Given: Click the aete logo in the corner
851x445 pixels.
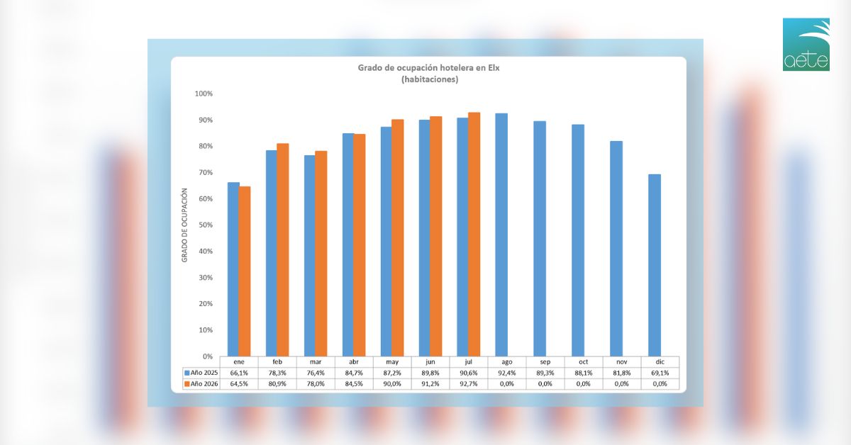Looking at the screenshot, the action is tap(806, 44).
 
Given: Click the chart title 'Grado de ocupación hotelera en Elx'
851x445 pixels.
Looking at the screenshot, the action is tap(428, 68).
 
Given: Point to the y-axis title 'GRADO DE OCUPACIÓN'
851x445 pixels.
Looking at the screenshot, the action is tap(184, 225).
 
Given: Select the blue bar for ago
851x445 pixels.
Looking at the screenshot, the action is tap(501, 235).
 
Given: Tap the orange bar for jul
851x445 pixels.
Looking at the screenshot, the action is tap(474, 235).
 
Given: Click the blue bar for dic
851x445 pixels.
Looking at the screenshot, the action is tap(655, 265).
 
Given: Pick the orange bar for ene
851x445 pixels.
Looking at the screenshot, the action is tap(244, 271).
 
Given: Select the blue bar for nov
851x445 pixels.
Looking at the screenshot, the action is tap(616, 249).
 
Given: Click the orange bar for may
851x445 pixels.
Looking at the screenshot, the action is tap(398, 237).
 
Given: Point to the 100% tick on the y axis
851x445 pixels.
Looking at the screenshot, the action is tap(204, 94).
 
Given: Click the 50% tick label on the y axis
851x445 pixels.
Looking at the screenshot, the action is tap(205, 225).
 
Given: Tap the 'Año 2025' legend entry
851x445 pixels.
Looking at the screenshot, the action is tap(201, 373).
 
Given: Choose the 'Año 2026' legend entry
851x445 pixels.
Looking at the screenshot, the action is tap(201, 384).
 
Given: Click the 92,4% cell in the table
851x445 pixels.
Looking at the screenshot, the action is tap(507, 373).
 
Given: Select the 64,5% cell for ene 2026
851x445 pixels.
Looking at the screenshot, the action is tap(239, 384).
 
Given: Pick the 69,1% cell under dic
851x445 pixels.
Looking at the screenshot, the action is tap(660, 373).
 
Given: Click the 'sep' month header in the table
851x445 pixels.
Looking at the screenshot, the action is tap(545, 362).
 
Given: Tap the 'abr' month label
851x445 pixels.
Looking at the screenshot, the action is tap(354, 362).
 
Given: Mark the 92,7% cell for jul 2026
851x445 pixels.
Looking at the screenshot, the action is tap(469, 384).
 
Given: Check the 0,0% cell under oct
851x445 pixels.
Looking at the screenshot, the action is tap(583, 384).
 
